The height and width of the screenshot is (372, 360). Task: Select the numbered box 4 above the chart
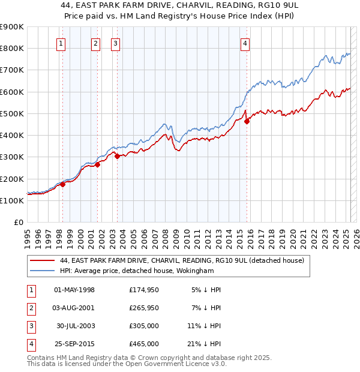(246, 43)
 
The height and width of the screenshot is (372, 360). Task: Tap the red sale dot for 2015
(247, 121)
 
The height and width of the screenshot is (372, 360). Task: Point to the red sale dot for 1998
(62, 184)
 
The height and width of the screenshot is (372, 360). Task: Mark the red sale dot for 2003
(116, 156)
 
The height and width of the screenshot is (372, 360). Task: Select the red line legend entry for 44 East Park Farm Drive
(182, 260)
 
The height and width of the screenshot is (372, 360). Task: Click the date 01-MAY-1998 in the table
(74, 290)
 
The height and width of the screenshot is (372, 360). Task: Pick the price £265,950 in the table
(144, 308)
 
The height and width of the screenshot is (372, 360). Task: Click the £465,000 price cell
(144, 344)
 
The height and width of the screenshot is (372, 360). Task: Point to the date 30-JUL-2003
(75, 326)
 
